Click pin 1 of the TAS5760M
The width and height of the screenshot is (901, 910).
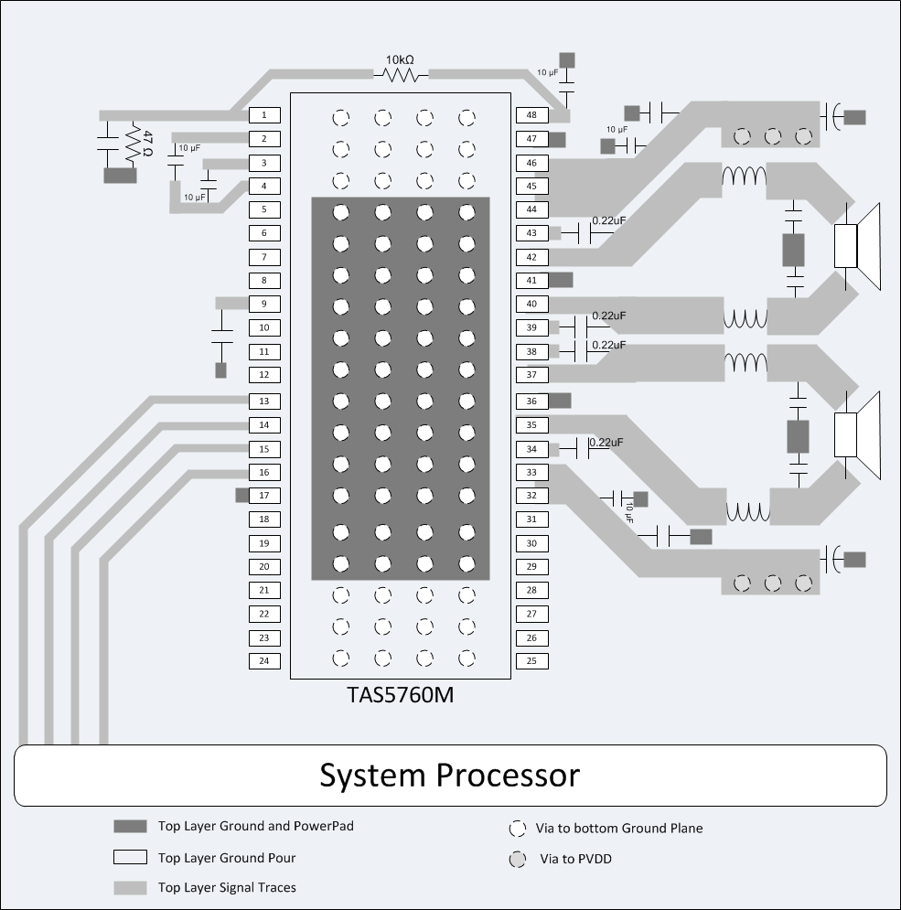[264, 115]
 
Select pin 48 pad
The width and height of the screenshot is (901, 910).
[531, 115]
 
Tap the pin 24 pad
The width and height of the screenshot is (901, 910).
[264, 660]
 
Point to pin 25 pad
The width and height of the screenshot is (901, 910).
[531, 660]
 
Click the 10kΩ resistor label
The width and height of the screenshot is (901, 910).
[399, 59]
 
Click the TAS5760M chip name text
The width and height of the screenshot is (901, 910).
[399, 695]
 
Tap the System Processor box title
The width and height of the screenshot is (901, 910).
[449, 776]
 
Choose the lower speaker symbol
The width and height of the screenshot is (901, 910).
[855, 434]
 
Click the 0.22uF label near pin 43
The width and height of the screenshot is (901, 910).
[609, 220]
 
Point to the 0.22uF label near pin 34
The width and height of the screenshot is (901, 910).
[606, 443]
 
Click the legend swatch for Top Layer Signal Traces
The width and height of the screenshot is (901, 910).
[130, 887]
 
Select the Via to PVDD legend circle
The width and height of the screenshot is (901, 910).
[518, 860]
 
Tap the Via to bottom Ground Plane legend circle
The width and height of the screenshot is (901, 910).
[518, 829]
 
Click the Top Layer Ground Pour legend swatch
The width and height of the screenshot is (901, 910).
[130, 858]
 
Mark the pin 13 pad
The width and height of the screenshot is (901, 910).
[264, 401]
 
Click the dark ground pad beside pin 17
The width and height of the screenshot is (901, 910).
[241, 495]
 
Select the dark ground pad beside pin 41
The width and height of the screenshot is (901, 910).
[561, 280]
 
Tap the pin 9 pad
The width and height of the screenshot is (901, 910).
[264, 304]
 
